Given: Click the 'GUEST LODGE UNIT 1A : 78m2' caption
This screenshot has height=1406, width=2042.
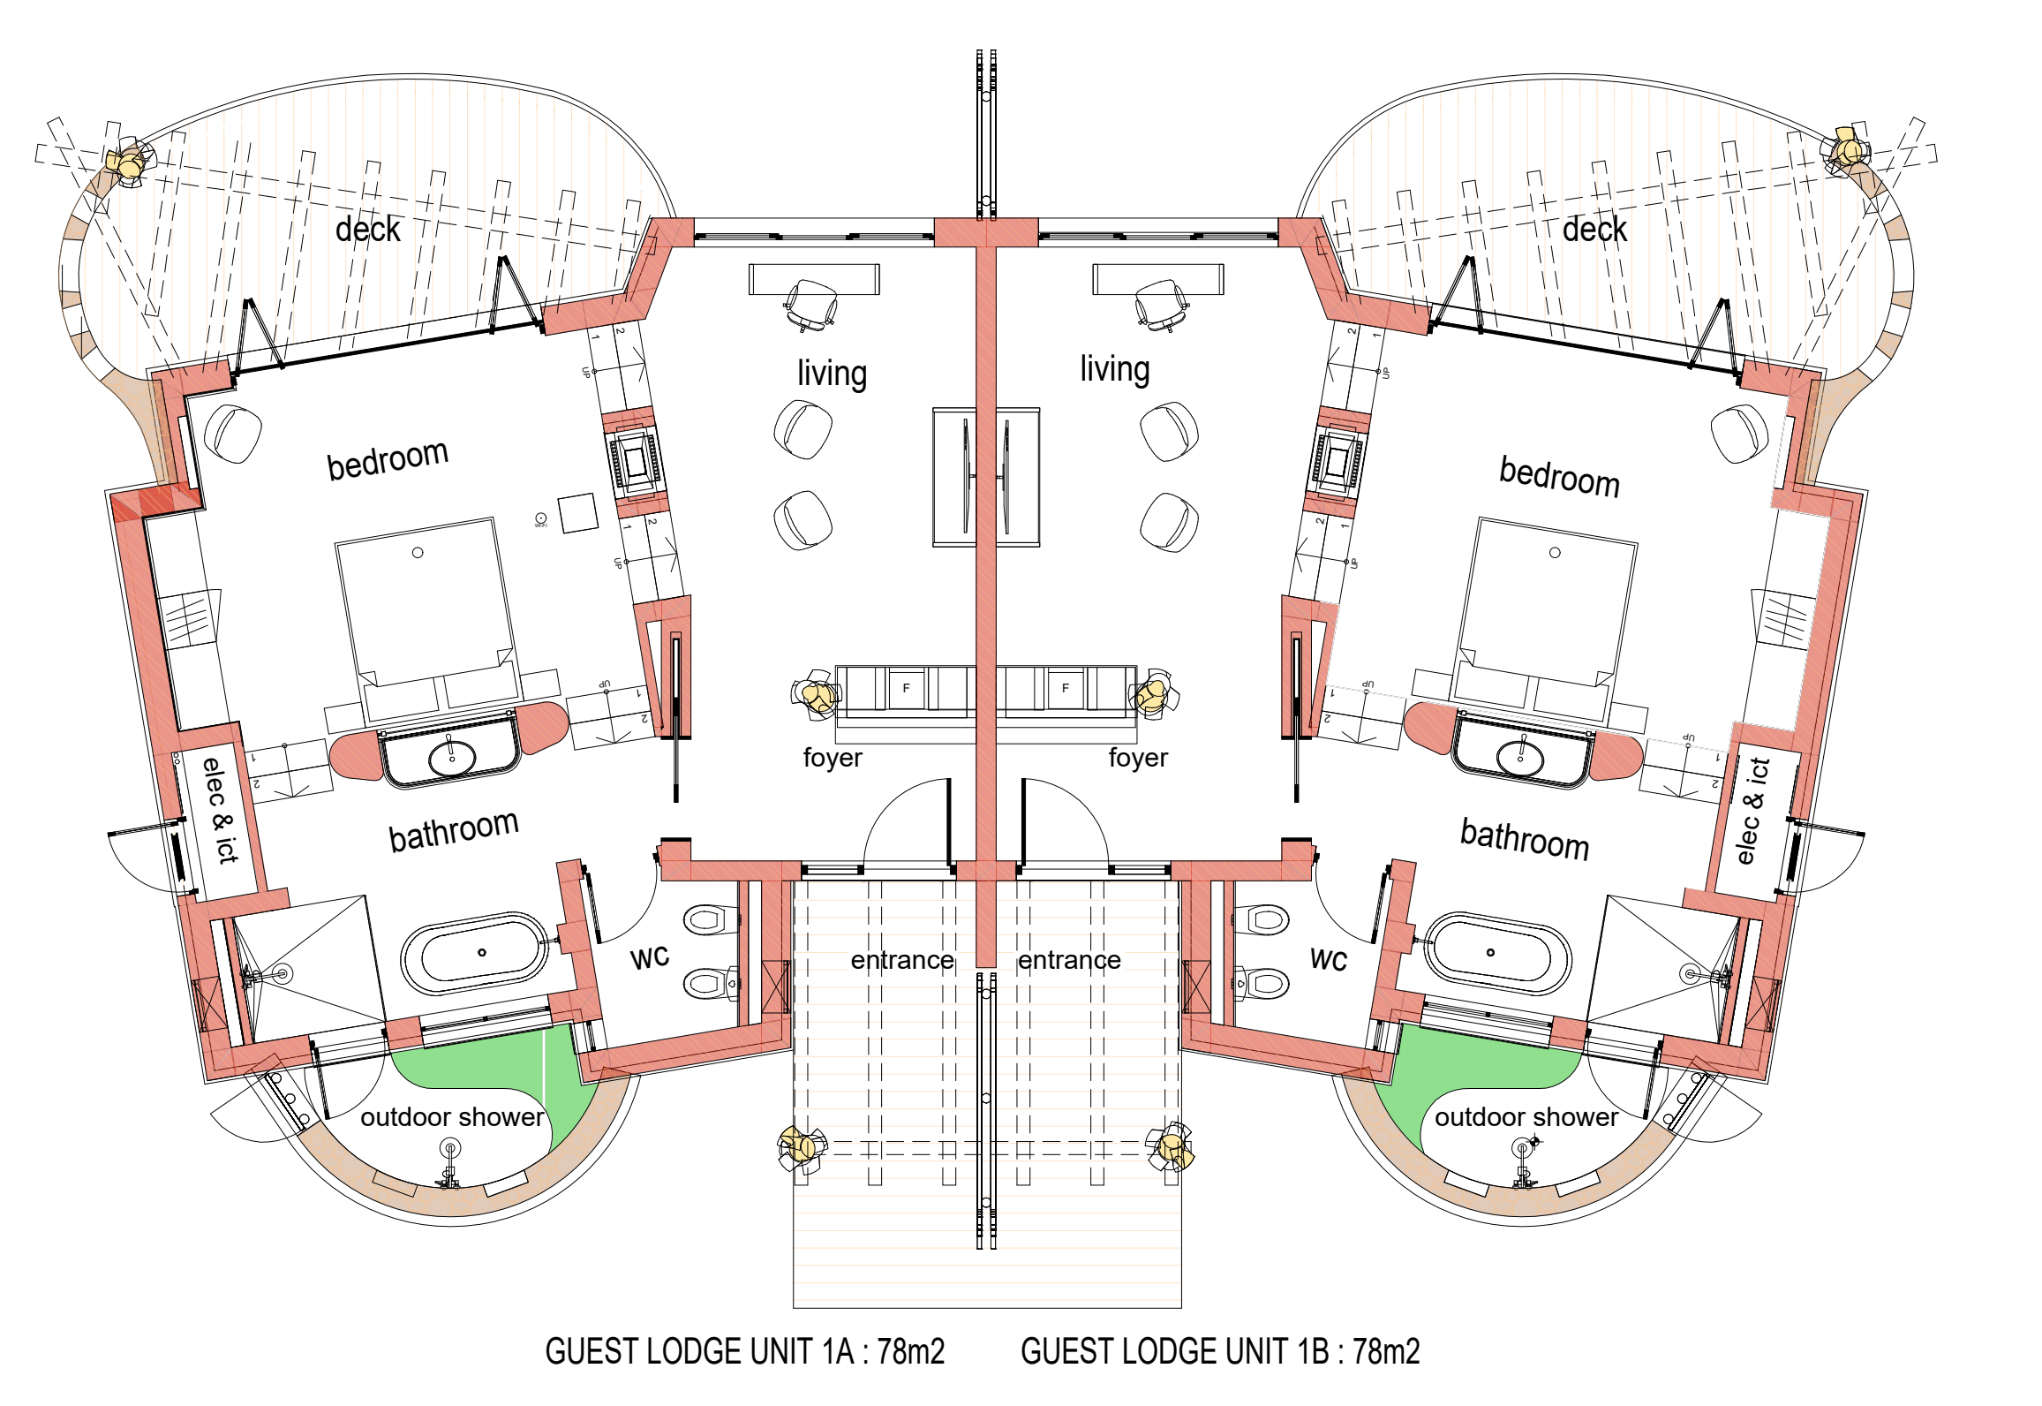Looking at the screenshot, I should (744, 1351).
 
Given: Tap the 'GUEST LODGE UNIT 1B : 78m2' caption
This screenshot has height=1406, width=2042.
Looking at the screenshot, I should (1220, 1351).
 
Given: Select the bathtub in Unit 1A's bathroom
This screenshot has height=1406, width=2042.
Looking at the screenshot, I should (477, 954).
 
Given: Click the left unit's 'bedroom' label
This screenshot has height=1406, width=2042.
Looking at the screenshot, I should (388, 459).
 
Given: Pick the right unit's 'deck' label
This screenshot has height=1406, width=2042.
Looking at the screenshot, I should (1594, 230).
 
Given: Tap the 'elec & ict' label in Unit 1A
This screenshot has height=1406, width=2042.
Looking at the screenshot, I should (220, 810).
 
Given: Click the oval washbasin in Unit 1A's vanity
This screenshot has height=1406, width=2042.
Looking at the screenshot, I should (452, 758).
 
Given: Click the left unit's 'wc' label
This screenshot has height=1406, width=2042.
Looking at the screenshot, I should (650, 957).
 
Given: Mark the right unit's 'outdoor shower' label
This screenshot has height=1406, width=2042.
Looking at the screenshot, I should (1526, 1117).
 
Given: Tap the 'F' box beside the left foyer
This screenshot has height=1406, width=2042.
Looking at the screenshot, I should (906, 688).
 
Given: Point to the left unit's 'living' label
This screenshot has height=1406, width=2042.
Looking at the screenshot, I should (832, 373).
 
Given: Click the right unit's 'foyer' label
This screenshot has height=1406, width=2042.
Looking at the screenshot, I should (1138, 758).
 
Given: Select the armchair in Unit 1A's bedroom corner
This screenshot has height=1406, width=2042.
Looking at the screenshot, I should (233, 433).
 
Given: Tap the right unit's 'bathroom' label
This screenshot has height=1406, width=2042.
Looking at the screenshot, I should (1525, 839).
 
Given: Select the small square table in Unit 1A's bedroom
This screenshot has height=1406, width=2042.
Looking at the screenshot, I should (578, 512).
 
